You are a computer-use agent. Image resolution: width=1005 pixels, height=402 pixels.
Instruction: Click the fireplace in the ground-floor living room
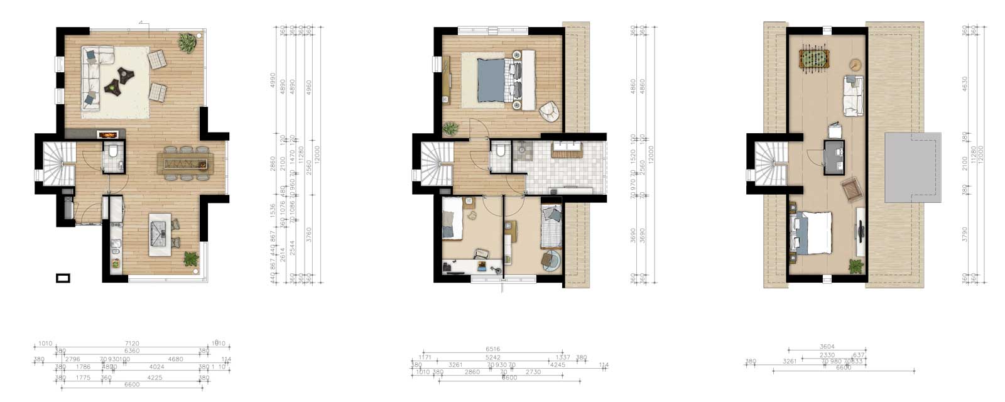click(x=107, y=134)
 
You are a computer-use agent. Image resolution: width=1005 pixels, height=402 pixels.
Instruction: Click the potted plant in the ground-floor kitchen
click(x=191, y=258)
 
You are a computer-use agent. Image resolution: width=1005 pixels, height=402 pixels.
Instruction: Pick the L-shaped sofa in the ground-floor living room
click(x=93, y=79)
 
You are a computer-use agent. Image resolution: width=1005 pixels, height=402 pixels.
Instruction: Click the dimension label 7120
click(x=132, y=344)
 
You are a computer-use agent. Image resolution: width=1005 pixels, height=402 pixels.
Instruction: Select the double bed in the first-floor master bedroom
click(x=498, y=80)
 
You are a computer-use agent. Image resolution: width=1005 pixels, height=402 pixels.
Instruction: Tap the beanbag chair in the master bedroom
click(x=549, y=112)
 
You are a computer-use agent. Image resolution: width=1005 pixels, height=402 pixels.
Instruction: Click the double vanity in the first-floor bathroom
click(x=567, y=149)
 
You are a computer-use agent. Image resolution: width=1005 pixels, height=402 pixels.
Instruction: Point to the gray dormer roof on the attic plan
click(x=913, y=167)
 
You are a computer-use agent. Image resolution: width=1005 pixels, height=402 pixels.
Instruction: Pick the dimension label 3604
click(x=827, y=347)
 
